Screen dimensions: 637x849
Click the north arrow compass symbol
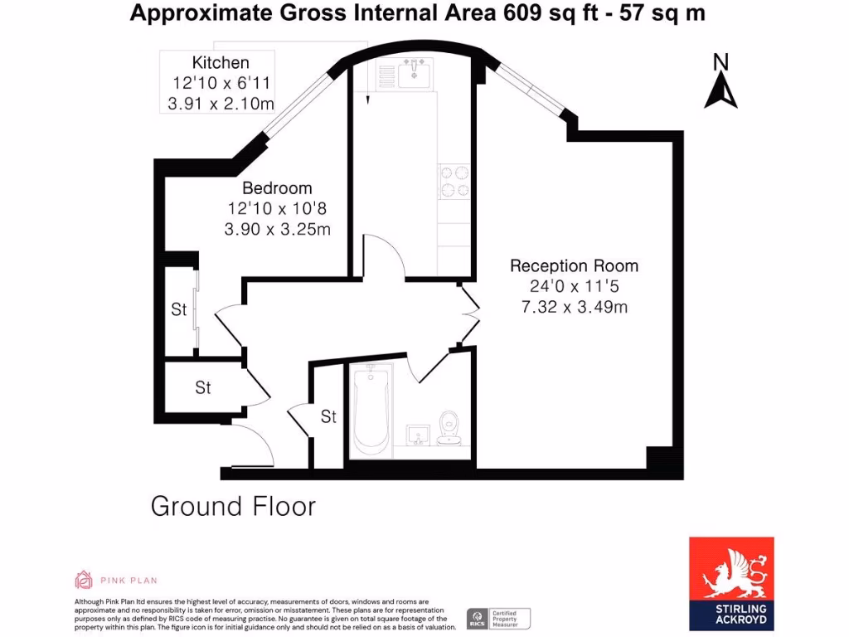720,83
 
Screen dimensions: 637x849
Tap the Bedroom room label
277,188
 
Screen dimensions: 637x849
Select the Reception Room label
574,266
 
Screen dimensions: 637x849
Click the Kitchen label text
221,63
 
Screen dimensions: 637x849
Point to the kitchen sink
412,74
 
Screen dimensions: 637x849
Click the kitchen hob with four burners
454,182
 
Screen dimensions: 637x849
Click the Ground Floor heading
233,506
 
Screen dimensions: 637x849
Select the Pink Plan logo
115,580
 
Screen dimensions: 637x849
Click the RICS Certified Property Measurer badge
497,618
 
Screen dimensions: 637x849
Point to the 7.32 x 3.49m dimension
574,307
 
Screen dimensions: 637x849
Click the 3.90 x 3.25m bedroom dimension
277,229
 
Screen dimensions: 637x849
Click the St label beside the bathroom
328,416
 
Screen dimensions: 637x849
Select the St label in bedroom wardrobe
179,310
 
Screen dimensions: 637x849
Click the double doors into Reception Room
471,314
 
